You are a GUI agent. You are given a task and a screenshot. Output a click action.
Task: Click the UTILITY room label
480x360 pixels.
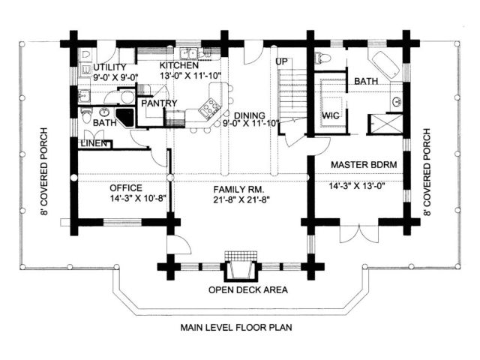coord(109,67)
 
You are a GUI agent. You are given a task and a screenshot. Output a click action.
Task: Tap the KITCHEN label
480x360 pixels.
coord(179,65)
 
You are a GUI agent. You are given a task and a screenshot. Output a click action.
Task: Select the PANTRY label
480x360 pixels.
coord(159,103)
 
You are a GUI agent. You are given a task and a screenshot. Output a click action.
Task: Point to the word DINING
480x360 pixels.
coord(250,115)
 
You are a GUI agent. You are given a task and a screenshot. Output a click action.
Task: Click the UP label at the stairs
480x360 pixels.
coord(281,61)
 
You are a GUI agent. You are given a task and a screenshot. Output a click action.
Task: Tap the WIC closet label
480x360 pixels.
coord(331,115)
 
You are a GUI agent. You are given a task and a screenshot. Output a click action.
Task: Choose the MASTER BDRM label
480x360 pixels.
coord(364,165)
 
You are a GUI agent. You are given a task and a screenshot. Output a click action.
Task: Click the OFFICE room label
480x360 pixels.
coord(126,188)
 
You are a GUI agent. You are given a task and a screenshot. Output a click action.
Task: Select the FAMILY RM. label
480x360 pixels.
coord(238,190)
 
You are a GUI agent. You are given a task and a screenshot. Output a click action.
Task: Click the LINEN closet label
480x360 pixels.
coord(94,143)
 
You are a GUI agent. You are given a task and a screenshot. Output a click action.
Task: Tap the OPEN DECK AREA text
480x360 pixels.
coord(248,289)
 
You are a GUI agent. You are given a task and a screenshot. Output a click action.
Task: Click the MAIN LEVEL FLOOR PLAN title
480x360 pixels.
coord(236,328)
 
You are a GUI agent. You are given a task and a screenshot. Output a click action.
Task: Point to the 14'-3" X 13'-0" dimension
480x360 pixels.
coord(357,186)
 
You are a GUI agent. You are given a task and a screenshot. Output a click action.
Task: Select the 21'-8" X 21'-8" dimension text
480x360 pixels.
coord(241,200)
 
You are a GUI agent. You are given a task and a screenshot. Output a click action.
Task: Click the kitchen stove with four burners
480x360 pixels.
coord(210,107)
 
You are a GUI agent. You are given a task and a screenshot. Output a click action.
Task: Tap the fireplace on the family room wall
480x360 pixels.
coord(241,267)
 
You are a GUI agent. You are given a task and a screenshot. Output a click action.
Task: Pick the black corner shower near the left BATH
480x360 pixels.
coord(124,117)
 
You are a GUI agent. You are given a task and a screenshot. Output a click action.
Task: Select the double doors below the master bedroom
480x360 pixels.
coord(359,234)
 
